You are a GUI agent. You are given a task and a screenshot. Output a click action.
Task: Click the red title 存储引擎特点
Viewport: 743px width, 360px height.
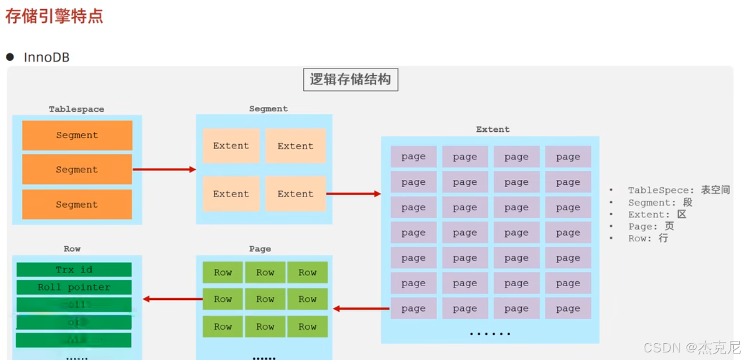[x=54, y=16]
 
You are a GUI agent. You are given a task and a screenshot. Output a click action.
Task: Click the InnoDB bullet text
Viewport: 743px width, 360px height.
[x=47, y=57]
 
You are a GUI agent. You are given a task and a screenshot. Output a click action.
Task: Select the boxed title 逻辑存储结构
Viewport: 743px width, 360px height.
[x=350, y=80]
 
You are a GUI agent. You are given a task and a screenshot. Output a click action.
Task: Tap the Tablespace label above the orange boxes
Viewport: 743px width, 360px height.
[x=76, y=109]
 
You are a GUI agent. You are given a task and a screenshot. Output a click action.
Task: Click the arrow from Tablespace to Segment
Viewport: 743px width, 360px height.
[x=164, y=170]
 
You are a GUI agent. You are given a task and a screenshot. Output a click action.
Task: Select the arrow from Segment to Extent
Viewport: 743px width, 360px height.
[x=353, y=194]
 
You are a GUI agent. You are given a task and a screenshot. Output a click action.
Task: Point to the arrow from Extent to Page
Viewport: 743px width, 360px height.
[x=361, y=308]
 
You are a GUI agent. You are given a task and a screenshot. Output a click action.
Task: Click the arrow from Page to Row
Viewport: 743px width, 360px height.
[x=172, y=299]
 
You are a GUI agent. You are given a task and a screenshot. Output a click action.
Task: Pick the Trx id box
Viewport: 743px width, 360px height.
[x=74, y=269]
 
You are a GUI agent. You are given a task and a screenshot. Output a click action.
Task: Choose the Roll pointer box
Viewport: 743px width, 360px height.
[x=74, y=287]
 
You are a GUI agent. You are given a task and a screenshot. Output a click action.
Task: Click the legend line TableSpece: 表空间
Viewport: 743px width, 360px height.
[x=678, y=190]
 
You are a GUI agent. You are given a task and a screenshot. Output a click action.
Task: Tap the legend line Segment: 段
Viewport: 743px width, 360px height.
[x=660, y=202]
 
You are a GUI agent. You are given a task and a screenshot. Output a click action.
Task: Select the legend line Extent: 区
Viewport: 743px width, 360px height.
[x=657, y=214]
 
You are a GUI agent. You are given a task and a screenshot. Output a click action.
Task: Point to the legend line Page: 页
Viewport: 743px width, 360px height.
[x=651, y=226]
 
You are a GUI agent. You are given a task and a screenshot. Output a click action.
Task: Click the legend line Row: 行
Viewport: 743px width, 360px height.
[x=648, y=238]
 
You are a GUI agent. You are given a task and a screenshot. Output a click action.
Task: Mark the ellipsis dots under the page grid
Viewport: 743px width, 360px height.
[x=490, y=333]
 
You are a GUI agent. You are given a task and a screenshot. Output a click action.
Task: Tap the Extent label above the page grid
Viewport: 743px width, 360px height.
[x=492, y=130]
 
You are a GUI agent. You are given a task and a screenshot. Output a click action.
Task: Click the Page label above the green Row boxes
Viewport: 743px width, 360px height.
[x=260, y=249]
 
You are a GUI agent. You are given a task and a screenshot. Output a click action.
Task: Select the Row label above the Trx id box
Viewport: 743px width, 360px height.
[x=72, y=249]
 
